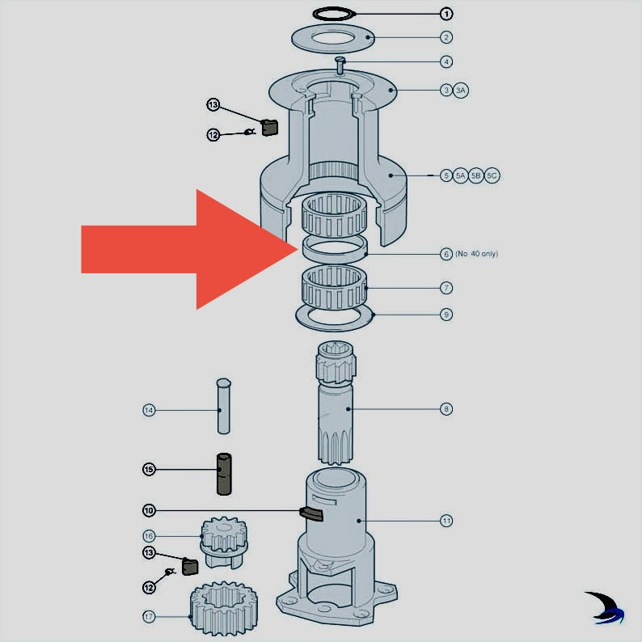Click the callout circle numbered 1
tap(446, 14)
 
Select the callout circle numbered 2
tap(446, 37)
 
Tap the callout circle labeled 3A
tap(461, 90)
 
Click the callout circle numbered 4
tap(446, 61)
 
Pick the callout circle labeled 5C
tap(492, 175)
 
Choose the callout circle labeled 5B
tap(476, 175)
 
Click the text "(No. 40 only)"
tap(476, 254)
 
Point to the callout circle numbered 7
tap(446, 288)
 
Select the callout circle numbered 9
tap(446, 314)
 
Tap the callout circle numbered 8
tap(446, 409)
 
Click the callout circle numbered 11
tap(446, 521)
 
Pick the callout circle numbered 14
tap(149, 411)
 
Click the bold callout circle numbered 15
tap(149, 469)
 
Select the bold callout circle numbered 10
tap(149, 510)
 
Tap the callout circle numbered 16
tap(149, 535)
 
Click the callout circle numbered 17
tap(149, 617)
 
